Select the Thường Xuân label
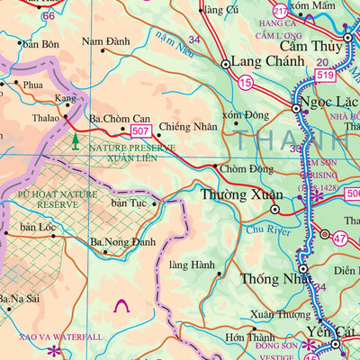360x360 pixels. click(234, 193)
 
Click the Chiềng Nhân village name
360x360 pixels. click(187, 127)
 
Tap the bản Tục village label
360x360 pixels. click(128, 203)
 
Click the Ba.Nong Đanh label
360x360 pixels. click(123, 241)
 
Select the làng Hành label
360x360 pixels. click(191, 265)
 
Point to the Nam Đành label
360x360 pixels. click(105, 41)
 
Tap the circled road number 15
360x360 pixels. click(246, 82)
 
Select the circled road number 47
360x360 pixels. click(338, 238)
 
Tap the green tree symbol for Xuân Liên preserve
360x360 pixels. click(75, 140)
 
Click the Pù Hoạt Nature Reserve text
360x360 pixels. click(47, 198)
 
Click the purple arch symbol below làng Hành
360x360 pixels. click(121, 308)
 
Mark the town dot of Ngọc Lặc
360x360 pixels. click(295, 109)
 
